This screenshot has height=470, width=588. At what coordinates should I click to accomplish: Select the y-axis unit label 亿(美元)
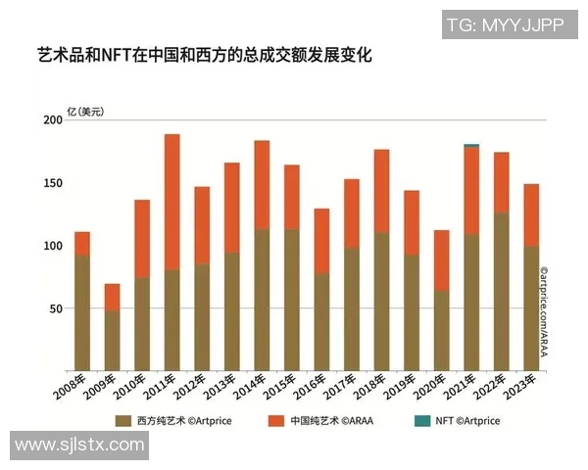(85, 111)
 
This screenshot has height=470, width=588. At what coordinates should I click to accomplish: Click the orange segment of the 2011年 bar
(172, 202)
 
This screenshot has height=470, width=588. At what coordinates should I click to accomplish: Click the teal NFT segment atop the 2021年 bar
(471, 146)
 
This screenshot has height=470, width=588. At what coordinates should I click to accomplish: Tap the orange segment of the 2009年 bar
(113, 297)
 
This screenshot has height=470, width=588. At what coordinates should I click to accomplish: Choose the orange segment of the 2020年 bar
(441, 259)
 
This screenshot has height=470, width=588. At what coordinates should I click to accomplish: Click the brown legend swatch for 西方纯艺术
(123, 421)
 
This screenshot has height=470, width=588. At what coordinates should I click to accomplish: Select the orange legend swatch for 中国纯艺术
(275, 421)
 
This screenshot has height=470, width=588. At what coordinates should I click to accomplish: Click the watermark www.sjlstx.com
(80, 446)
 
